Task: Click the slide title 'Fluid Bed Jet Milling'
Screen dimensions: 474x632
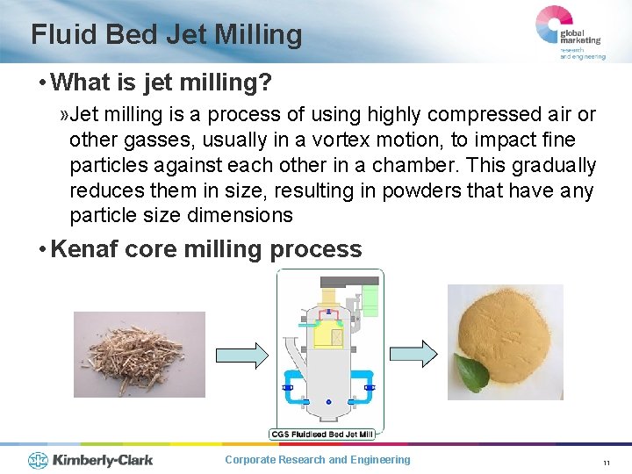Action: [x=167, y=34]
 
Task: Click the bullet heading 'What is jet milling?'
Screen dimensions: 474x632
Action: [x=162, y=83]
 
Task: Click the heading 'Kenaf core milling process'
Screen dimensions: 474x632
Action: [x=206, y=249]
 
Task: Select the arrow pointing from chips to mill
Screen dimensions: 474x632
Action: [x=242, y=354]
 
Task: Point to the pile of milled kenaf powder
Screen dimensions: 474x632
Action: [x=506, y=329]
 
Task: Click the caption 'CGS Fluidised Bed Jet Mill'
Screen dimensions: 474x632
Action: [x=322, y=434]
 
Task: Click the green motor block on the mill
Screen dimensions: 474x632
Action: [x=370, y=301]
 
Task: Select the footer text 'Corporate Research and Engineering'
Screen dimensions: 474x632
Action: [x=317, y=460]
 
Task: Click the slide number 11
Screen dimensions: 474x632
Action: [x=606, y=463]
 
